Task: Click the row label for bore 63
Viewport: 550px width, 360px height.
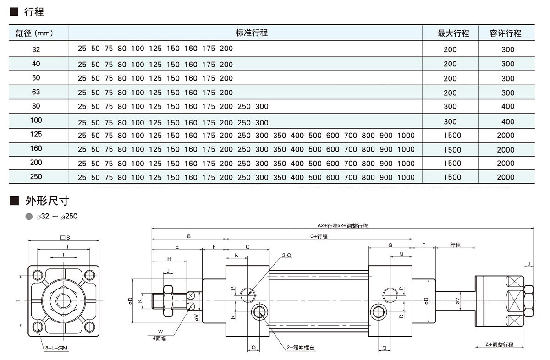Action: (36, 92)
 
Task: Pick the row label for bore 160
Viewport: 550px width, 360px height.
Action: (36, 148)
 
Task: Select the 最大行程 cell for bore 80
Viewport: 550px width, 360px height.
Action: (451, 106)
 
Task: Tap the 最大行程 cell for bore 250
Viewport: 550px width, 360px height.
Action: (452, 177)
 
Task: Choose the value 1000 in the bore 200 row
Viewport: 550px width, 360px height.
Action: (406, 164)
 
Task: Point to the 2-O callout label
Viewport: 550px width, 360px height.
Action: (287, 255)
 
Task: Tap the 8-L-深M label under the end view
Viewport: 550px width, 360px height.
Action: (56, 348)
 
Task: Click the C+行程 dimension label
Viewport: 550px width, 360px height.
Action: (318, 236)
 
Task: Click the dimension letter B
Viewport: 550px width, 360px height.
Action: (189, 236)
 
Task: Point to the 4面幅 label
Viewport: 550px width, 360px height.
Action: (160, 338)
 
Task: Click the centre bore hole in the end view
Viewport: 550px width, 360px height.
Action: (63, 300)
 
